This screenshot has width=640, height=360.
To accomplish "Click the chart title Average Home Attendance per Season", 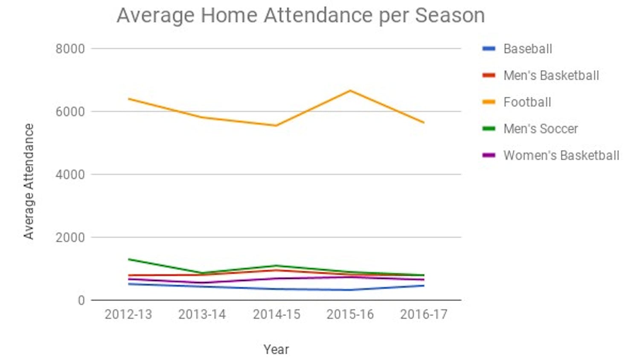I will coord(301,16).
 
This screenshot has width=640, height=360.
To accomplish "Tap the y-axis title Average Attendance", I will coord(29,181).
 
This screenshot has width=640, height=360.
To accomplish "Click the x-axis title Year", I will coord(276,349).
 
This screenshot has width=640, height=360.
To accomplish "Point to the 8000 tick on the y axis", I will coord(70,49).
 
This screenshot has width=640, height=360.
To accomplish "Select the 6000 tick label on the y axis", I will coord(70,112).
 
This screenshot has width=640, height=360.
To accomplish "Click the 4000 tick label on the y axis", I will coord(70,175).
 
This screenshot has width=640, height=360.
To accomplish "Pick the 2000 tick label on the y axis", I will coord(70,238).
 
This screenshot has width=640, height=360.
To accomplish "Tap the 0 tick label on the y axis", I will coord(81,301).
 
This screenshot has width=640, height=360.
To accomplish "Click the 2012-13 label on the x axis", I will coord(128,315).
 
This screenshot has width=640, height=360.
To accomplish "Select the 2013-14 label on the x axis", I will coord(202,315).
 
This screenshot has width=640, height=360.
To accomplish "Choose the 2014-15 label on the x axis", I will coord(276,315).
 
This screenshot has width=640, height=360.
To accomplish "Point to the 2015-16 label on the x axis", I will coord(350,315).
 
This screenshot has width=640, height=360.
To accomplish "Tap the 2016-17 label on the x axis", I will coord(424,315).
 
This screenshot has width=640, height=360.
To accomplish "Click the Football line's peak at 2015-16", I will coord(350,90).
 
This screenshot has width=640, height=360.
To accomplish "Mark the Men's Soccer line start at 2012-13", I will coord(129,259).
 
